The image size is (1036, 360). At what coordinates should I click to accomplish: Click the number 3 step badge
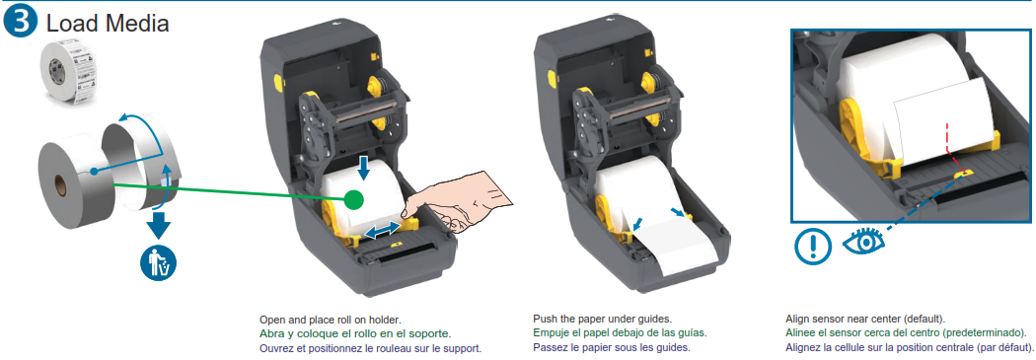pyautogui.click(x=21, y=22)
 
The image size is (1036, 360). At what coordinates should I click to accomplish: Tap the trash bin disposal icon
pyautogui.click(x=158, y=263)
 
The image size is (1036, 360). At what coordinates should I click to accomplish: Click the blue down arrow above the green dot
pyautogui.click(x=363, y=169)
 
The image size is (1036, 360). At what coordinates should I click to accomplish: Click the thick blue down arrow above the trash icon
pyautogui.click(x=159, y=225)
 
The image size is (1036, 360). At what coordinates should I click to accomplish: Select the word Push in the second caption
pyautogui.click(x=545, y=319)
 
